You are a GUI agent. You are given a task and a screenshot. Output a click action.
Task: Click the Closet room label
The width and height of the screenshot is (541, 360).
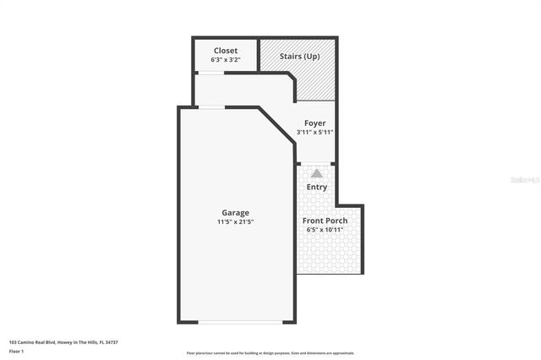coord(226,51)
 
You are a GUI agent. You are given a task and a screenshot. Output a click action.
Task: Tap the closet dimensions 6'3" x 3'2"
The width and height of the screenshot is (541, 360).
coord(226,60)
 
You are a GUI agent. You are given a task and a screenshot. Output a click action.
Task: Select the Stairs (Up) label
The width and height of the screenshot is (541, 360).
coord(299,57)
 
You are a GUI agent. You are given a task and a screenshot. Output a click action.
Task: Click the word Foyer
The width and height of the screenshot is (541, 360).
coord(314,123)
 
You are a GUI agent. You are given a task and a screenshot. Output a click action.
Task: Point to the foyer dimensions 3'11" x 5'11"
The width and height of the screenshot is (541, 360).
coord(314,133)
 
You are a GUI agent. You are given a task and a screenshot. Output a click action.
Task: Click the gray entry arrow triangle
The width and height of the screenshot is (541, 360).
coord(317,172)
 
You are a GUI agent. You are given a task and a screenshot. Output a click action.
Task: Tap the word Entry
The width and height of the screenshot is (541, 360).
coord(317,187)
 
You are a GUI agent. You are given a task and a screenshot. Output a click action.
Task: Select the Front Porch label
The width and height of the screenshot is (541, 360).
coord(325,221)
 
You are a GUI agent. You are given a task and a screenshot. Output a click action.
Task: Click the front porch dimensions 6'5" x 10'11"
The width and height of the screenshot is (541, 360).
coord(325,230)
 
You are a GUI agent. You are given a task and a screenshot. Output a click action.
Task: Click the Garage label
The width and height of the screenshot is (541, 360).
coord(235,212)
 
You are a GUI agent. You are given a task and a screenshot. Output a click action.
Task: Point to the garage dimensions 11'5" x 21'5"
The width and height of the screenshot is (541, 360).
coord(235,221)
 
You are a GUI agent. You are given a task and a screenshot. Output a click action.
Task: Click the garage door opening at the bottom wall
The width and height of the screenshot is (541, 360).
coord(240,322)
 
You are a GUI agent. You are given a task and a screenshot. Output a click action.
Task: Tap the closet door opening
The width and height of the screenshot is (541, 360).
coord(210,74)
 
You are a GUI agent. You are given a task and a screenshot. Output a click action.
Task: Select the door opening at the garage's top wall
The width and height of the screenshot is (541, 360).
coord(211,106)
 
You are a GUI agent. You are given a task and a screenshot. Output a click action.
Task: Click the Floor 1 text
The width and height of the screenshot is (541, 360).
coord(16,350)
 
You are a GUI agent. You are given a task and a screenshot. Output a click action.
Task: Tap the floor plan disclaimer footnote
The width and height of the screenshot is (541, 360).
coord(270,353)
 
